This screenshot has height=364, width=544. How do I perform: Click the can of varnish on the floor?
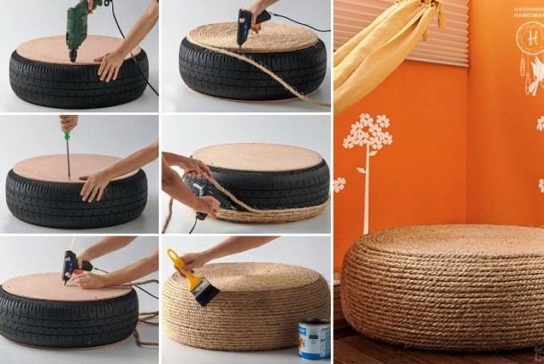pyautogui.click(x=313, y=338)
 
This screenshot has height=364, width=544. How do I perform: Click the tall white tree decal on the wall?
pyautogui.click(x=367, y=161)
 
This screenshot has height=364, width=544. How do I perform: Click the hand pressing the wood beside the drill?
pyautogui.click(x=110, y=65)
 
